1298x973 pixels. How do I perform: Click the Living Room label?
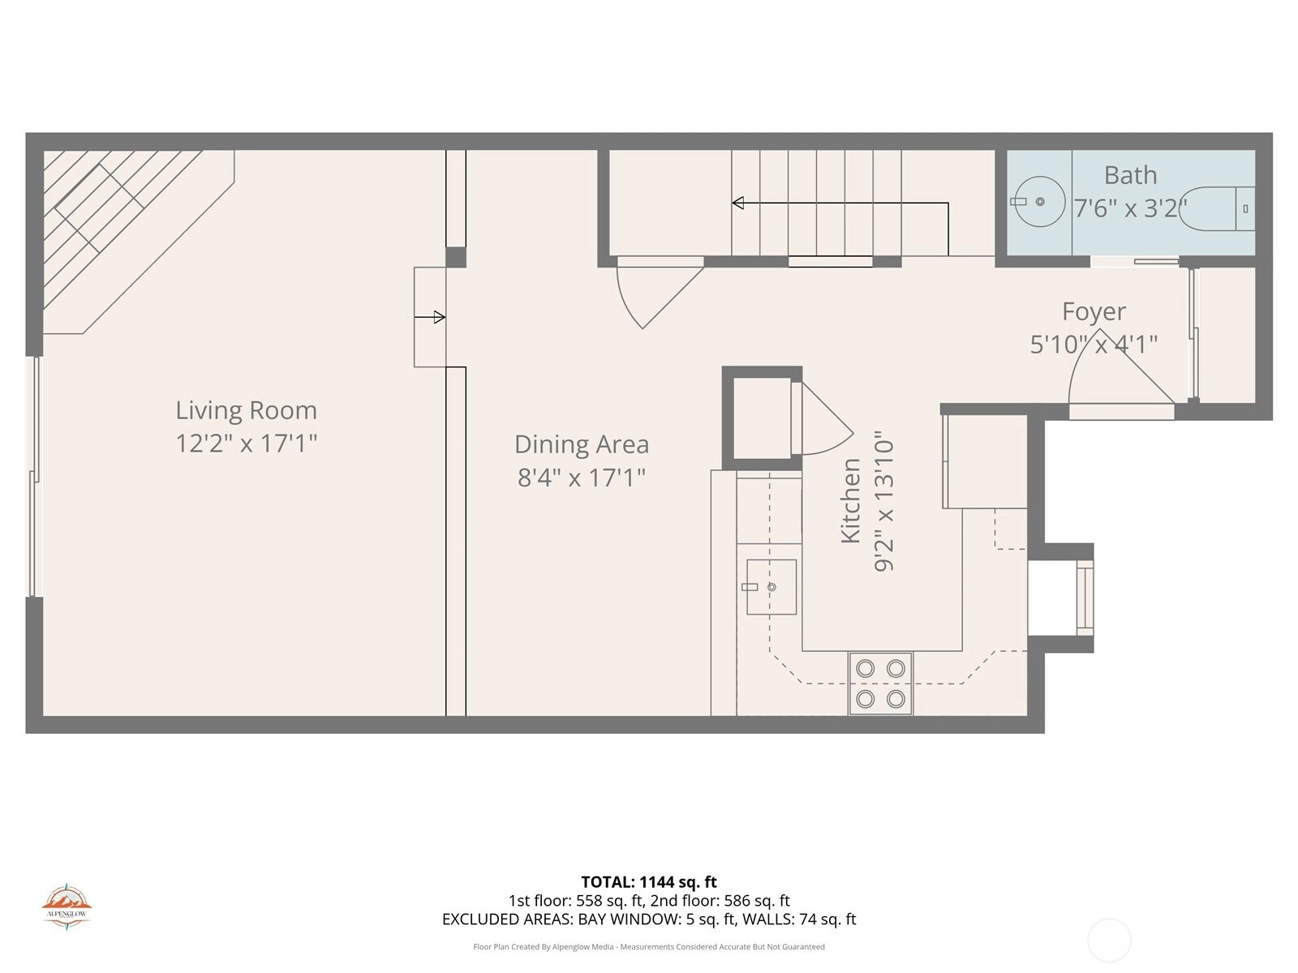click(246, 410)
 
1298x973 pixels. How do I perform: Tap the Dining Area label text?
click(582, 444)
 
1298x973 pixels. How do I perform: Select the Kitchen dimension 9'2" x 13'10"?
click(883, 501)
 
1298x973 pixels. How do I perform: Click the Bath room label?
click(1130, 175)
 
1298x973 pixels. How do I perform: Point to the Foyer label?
click(1094, 311)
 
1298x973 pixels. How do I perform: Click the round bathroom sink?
click(1039, 201)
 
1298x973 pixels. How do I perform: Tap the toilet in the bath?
click(1217, 208)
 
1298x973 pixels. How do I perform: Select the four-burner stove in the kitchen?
click(880, 684)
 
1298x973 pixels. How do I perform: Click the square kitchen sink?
click(771, 587)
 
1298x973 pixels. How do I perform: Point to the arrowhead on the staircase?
click(737, 203)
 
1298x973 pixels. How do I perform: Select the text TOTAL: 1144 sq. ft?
click(649, 882)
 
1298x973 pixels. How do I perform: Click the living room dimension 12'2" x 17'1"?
click(246, 443)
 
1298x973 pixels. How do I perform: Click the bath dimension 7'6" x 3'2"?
click(1130, 208)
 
